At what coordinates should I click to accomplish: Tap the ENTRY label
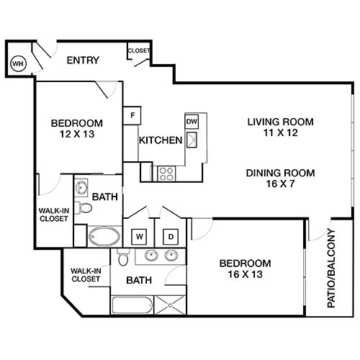point(83,60)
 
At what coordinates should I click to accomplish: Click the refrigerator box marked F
point(132,115)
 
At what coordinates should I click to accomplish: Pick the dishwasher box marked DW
point(192,122)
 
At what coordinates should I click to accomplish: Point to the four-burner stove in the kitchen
point(167,173)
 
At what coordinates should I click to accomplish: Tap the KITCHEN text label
point(160,140)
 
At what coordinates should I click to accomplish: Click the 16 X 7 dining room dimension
point(271,184)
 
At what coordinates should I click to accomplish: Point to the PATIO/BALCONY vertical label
point(332,268)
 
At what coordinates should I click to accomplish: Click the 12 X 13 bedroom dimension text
point(76,134)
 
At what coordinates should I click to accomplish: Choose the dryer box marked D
point(171,235)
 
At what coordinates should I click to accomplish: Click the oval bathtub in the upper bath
point(105,236)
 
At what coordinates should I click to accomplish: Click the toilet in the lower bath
point(124,258)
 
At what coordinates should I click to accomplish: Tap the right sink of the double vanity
point(171,255)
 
